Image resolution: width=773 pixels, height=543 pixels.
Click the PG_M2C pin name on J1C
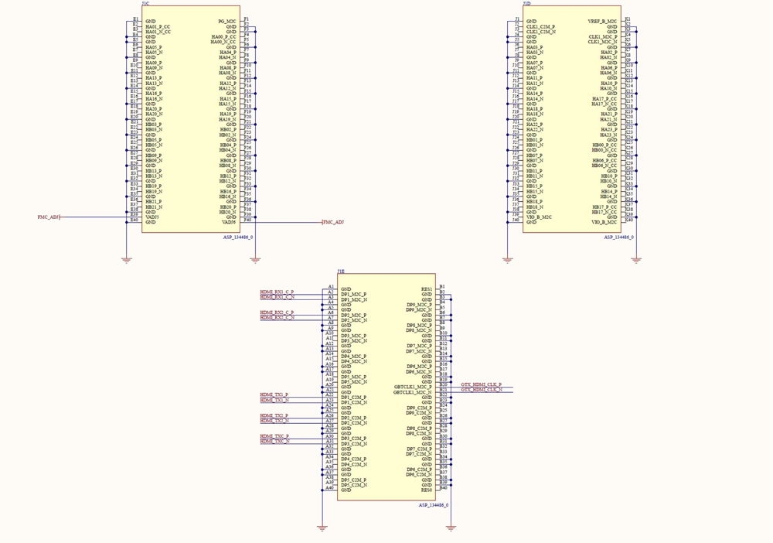pos(228,21)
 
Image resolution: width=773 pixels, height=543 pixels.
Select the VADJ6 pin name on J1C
pos(229,222)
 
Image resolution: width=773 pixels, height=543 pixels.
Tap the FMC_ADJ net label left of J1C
pos(49,217)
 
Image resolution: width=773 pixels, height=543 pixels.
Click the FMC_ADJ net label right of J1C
pos(333,222)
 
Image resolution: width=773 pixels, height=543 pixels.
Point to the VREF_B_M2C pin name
pos(603,21)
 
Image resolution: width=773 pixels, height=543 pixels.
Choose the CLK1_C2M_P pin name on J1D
pos(540,27)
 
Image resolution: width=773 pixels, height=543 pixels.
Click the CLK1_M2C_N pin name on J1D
pos(603,42)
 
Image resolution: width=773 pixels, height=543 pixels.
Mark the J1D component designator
pos(527,4)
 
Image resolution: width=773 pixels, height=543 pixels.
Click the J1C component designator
pos(146,4)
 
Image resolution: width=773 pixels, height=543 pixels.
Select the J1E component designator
pos(341,271)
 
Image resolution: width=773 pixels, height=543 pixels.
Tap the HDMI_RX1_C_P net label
pos(277,292)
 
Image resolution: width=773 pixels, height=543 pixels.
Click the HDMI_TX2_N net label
pos(274,421)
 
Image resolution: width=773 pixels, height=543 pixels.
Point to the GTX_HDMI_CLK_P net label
pos(481,384)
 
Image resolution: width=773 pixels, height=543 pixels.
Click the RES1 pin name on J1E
pos(426,289)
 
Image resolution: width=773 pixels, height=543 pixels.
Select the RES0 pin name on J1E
pos(426,490)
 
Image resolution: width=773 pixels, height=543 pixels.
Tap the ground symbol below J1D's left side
pos(508,260)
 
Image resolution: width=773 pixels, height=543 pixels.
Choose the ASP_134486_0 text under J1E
pos(434,505)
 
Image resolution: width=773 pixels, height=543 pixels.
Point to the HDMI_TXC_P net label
pos(274,436)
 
